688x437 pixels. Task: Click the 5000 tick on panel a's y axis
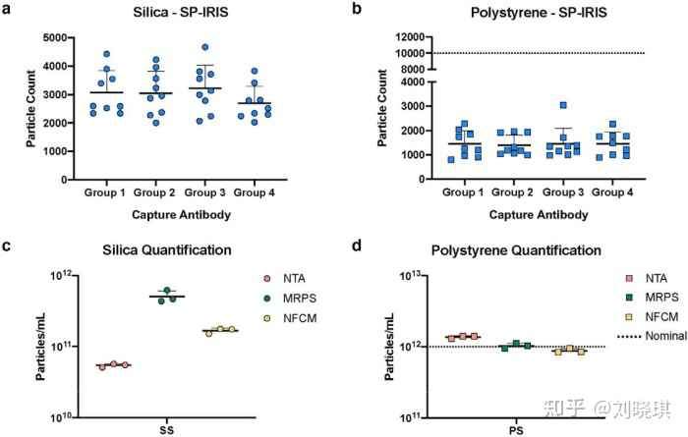pyautogui.click(x=55, y=38)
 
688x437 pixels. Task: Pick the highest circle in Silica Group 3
pyautogui.click(x=205, y=47)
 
